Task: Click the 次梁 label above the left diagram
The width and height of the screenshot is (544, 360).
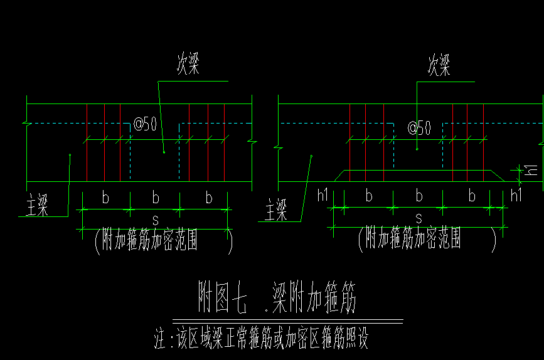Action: coord(188,65)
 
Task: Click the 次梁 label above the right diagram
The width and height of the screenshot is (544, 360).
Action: coord(439,65)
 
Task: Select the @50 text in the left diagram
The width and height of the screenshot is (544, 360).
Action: coord(144,124)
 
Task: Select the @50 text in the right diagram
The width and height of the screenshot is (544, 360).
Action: coord(419,128)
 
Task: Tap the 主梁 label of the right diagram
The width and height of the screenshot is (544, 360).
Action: coord(277,208)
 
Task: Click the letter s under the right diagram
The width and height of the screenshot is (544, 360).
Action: coord(419,218)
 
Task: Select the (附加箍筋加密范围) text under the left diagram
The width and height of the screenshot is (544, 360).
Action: coord(163,241)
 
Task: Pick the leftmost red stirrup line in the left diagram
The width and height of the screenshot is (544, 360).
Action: coord(87,144)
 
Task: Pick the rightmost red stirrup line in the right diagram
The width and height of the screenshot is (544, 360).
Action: coord(484,144)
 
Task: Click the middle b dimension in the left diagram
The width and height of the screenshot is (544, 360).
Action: coord(156,198)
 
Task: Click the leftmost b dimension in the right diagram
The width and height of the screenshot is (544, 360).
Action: coord(369,196)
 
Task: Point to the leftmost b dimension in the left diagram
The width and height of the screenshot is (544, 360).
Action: coord(105,198)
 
